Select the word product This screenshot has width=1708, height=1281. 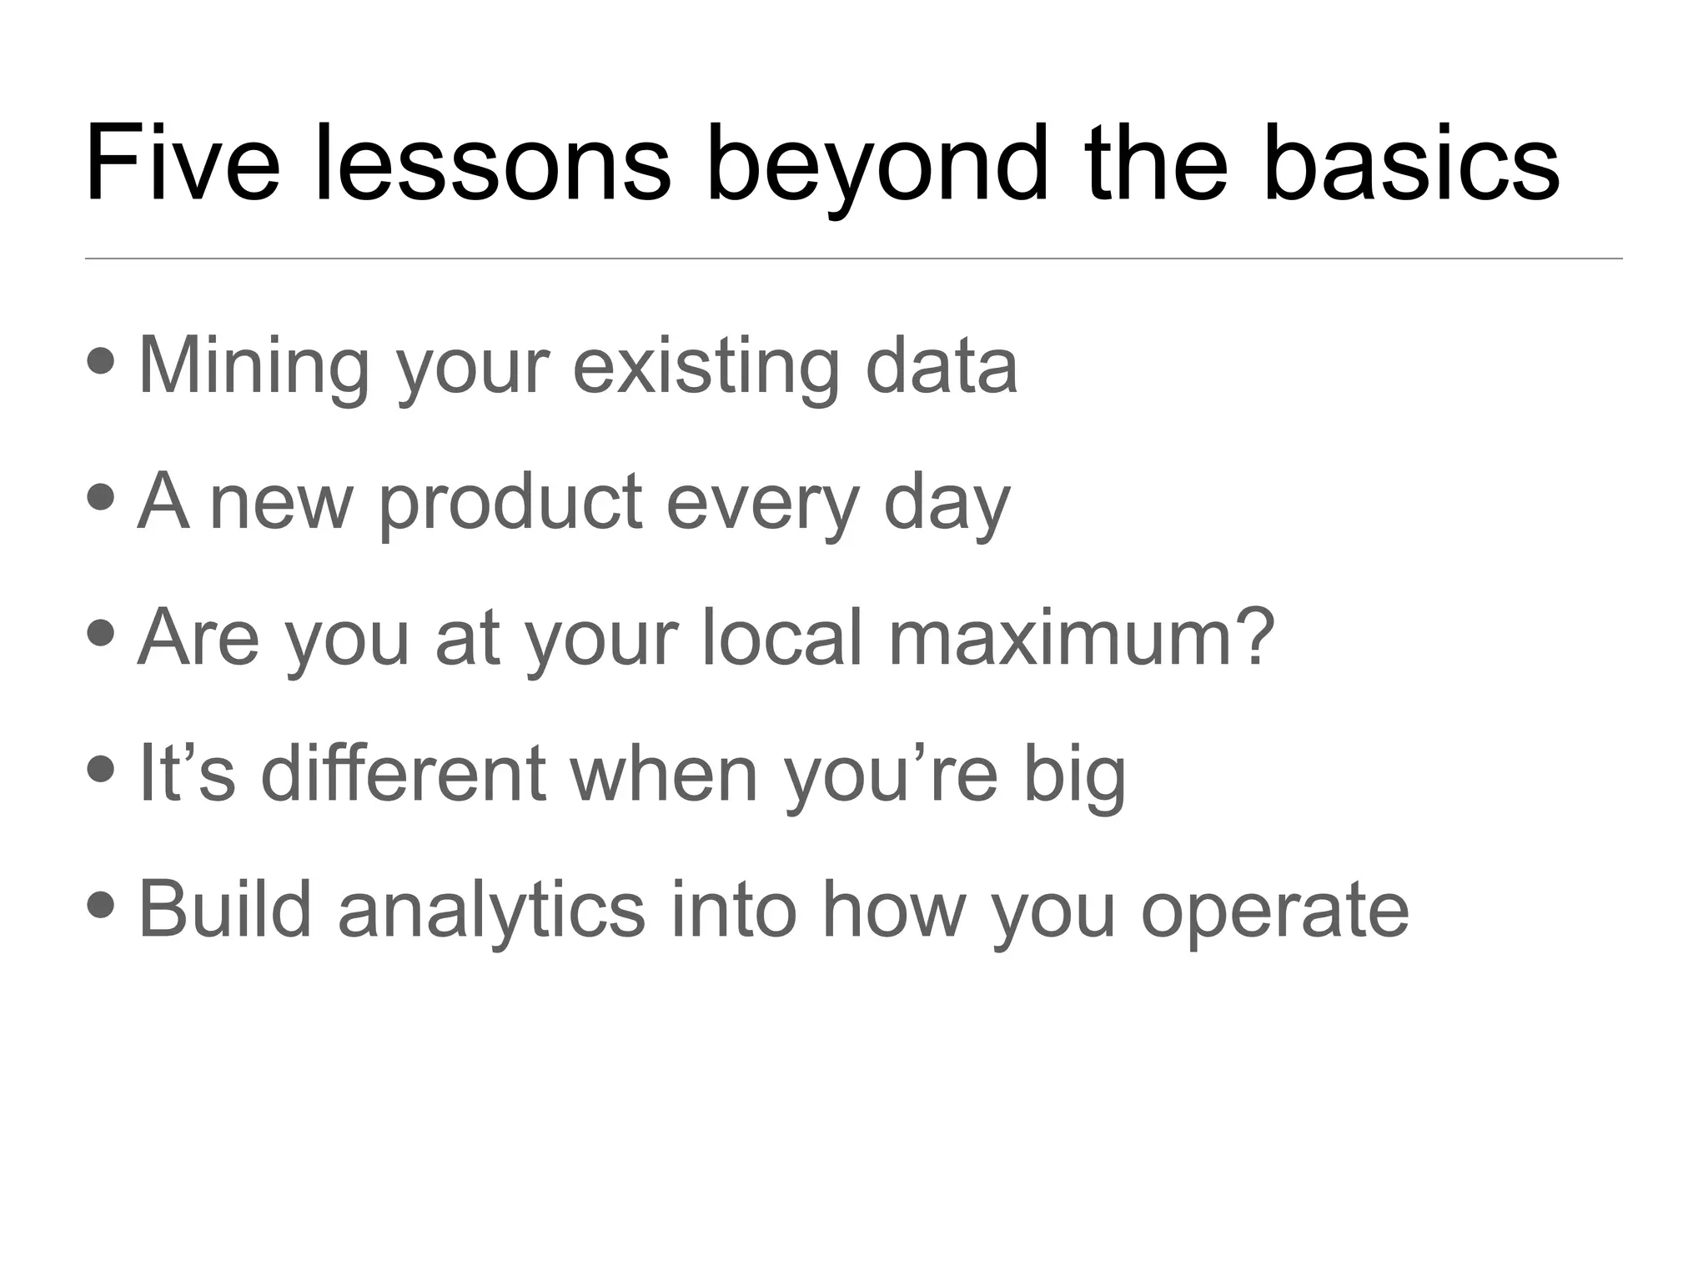point(510,503)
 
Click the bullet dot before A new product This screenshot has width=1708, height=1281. point(101,497)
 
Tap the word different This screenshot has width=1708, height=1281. point(403,773)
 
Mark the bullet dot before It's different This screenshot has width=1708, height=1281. point(101,768)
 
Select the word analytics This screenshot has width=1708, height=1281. point(491,911)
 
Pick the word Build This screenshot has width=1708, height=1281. point(224,909)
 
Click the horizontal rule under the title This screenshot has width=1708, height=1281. point(853,259)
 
